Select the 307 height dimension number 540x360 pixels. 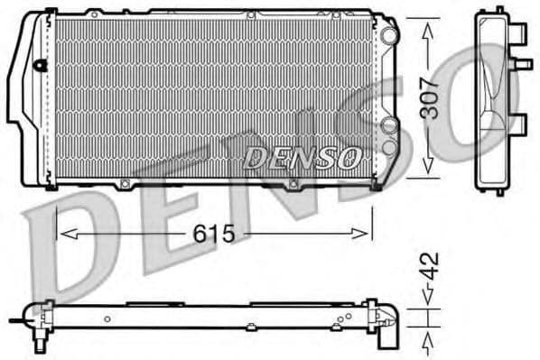(x=431, y=98)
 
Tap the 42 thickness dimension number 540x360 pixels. (x=431, y=266)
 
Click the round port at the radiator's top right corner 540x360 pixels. (x=388, y=34)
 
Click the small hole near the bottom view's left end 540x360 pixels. (x=107, y=318)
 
